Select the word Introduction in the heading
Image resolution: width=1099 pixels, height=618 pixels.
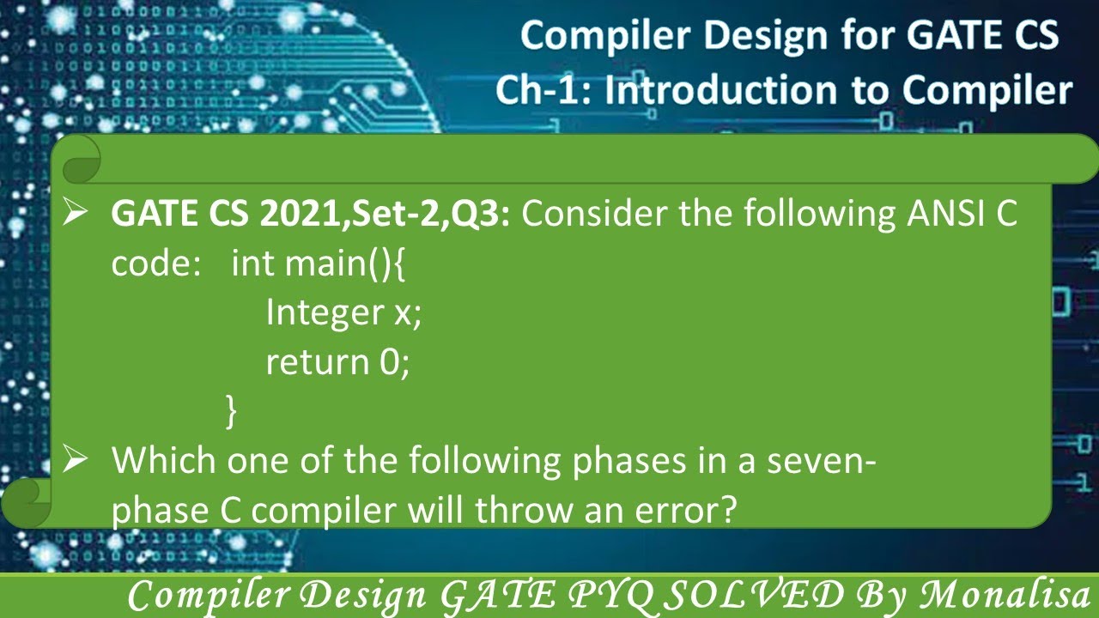(x=721, y=90)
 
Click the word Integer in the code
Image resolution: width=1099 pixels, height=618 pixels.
(x=325, y=312)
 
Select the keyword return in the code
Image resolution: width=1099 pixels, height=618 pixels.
(x=318, y=362)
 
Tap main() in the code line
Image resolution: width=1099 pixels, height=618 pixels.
(x=338, y=264)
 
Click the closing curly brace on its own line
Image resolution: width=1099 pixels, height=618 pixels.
(x=231, y=411)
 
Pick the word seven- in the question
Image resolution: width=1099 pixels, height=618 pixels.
(x=822, y=461)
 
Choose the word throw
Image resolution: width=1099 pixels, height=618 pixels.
(x=524, y=510)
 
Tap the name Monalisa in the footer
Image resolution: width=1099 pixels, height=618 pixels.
(x=1004, y=596)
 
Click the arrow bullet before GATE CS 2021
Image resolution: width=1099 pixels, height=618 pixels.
(x=75, y=213)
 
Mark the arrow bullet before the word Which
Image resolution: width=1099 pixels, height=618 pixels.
(x=75, y=460)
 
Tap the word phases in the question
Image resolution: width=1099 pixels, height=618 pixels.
(x=629, y=462)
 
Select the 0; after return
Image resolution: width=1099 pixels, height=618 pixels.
(x=394, y=363)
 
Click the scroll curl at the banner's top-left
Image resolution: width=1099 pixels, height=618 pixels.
(x=82, y=160)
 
